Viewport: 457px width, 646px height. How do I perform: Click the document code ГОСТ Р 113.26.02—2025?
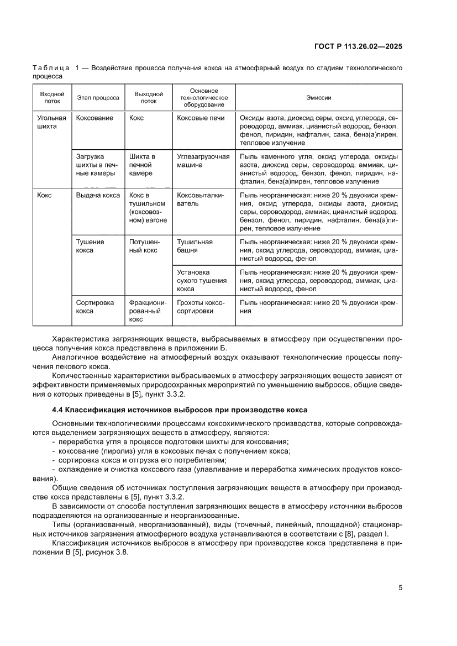[x=358, y=46]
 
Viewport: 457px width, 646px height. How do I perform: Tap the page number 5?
[x=400, y=587]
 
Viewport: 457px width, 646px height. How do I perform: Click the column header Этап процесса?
[x=98, y=97]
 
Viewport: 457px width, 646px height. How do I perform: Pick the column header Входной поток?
[x=52, y=97]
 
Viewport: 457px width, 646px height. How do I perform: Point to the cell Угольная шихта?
[x=52, y=122]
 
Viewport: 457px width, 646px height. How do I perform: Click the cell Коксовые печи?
[x=201, y=118]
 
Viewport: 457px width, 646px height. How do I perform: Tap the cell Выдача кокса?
[x=98, y=195]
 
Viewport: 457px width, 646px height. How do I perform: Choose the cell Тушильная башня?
[x=195, y=245]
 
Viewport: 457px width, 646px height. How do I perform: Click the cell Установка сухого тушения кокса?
[x=202, y=280]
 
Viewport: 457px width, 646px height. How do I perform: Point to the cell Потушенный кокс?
[x=145, y=245]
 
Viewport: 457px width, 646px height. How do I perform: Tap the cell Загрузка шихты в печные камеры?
[x=96, y=165]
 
